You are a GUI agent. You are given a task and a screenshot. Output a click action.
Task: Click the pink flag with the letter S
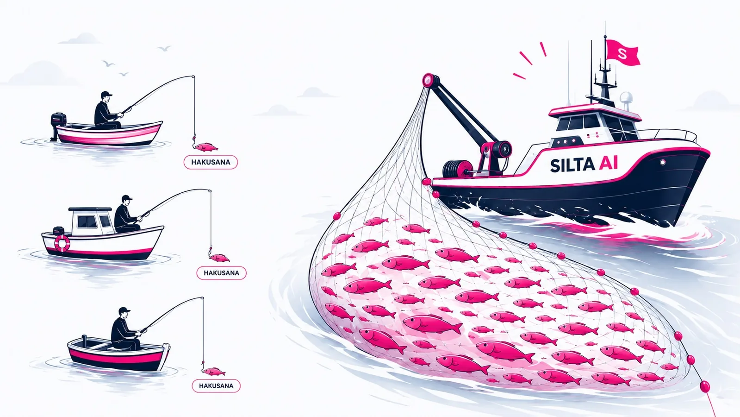622,52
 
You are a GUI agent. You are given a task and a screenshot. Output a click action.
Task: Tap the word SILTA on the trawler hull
572,165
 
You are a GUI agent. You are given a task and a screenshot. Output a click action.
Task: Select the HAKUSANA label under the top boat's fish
211,162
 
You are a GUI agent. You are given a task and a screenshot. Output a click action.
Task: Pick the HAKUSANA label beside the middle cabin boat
221,273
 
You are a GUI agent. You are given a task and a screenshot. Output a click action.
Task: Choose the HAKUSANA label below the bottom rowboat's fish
216,385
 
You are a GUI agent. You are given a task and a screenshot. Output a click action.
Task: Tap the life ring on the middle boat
62,243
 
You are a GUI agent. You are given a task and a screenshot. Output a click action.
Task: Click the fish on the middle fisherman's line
219,258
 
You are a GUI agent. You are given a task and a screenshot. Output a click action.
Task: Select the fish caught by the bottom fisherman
214,372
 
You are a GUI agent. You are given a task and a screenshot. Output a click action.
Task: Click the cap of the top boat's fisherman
106,94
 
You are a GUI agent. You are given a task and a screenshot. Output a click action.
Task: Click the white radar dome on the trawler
626,98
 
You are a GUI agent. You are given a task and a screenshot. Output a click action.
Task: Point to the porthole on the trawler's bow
662,162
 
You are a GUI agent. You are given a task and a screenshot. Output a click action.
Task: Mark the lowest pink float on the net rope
705,386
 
